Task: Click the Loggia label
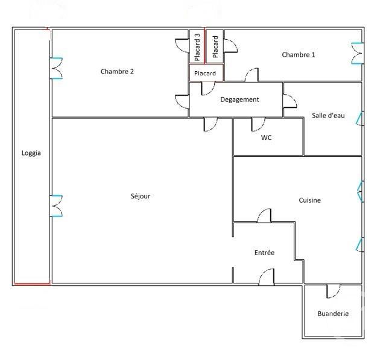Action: (31, 153)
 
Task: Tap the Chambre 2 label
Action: (117, 71)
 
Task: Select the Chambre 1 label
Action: (298, 55)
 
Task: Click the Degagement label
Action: (239, 99)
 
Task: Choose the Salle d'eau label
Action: (328, 115)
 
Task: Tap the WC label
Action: (266, 137)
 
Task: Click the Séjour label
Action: (140, 196)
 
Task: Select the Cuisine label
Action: (309, 200)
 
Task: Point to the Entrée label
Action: (264, 253)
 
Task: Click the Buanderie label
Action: (333, 314)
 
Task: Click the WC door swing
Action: (258, 125)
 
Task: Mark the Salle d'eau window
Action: (360, 119)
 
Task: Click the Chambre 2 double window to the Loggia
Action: (56, 68)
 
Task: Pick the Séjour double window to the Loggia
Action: (56, 206)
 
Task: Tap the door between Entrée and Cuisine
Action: (264, 216)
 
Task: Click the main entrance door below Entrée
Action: (266, 277)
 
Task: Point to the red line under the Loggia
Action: (32, 283)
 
